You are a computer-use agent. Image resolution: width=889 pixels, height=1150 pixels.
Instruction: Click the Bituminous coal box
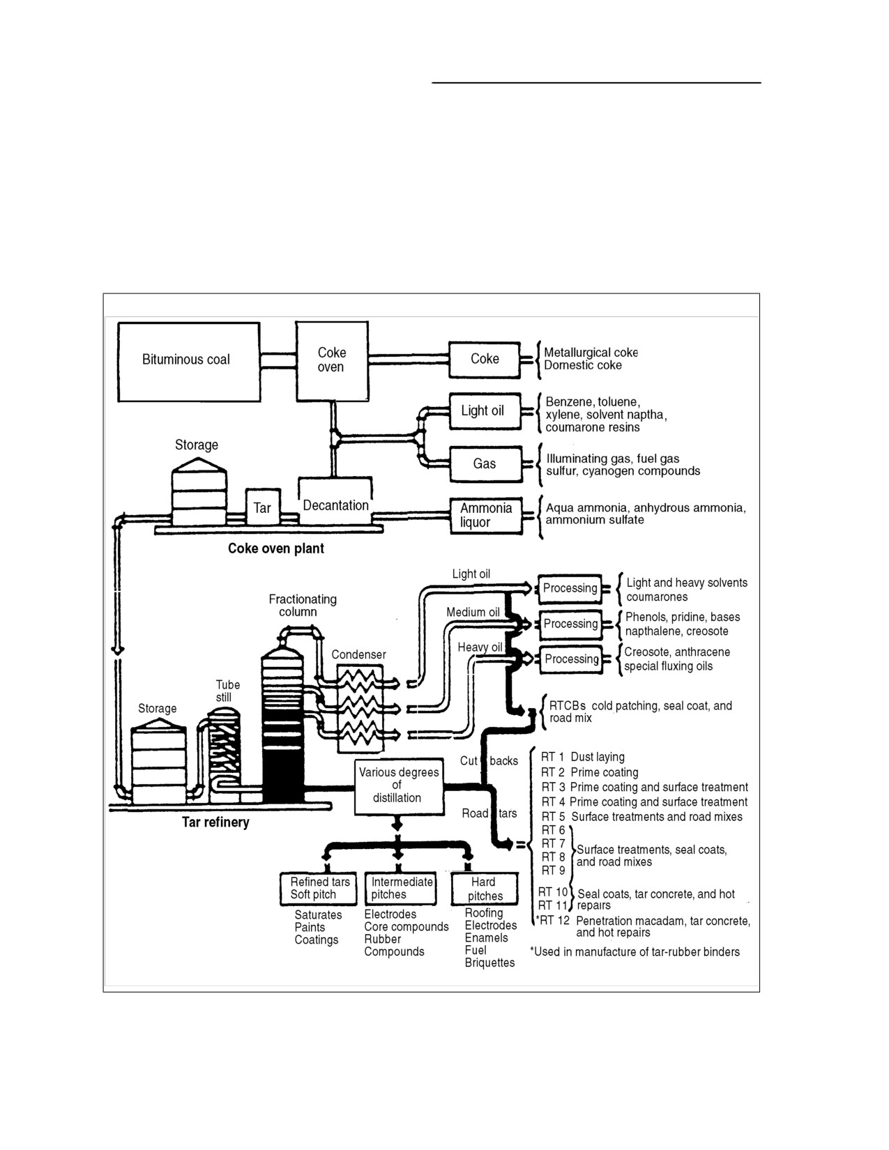[188, 362]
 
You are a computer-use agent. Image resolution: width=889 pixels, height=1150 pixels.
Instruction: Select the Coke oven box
[332, 360]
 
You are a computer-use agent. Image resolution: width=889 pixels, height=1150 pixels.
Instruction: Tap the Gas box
[485, 464]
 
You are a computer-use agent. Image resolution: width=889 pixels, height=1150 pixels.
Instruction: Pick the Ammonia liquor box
[486, 516]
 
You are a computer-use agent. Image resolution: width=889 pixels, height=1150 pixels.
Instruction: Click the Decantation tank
[335, 500]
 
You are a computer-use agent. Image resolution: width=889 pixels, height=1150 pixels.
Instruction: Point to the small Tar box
[263, 507]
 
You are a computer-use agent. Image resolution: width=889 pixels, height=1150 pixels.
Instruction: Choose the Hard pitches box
[485, 889]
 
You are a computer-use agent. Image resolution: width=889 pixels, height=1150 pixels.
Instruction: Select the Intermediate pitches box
[401, 888]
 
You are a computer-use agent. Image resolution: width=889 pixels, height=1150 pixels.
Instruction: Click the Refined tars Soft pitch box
[318, 889]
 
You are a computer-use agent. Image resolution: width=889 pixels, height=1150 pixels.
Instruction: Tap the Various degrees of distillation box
[399, 785]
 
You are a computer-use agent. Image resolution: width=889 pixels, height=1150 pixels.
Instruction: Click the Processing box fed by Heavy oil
[571, 659]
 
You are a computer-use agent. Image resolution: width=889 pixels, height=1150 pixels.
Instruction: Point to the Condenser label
[358, 654]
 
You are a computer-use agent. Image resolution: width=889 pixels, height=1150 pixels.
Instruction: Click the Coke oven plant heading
[276, 549]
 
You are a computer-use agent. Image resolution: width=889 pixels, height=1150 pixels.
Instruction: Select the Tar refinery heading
[215, 822]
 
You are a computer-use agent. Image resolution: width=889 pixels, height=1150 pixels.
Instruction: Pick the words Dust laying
[598, 757]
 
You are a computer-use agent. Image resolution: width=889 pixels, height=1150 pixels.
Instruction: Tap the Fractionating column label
[303, 606]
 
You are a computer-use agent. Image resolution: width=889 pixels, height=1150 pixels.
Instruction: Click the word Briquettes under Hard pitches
[489, 963]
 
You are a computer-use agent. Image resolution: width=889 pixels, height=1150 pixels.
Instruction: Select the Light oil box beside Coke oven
[485, 411]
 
